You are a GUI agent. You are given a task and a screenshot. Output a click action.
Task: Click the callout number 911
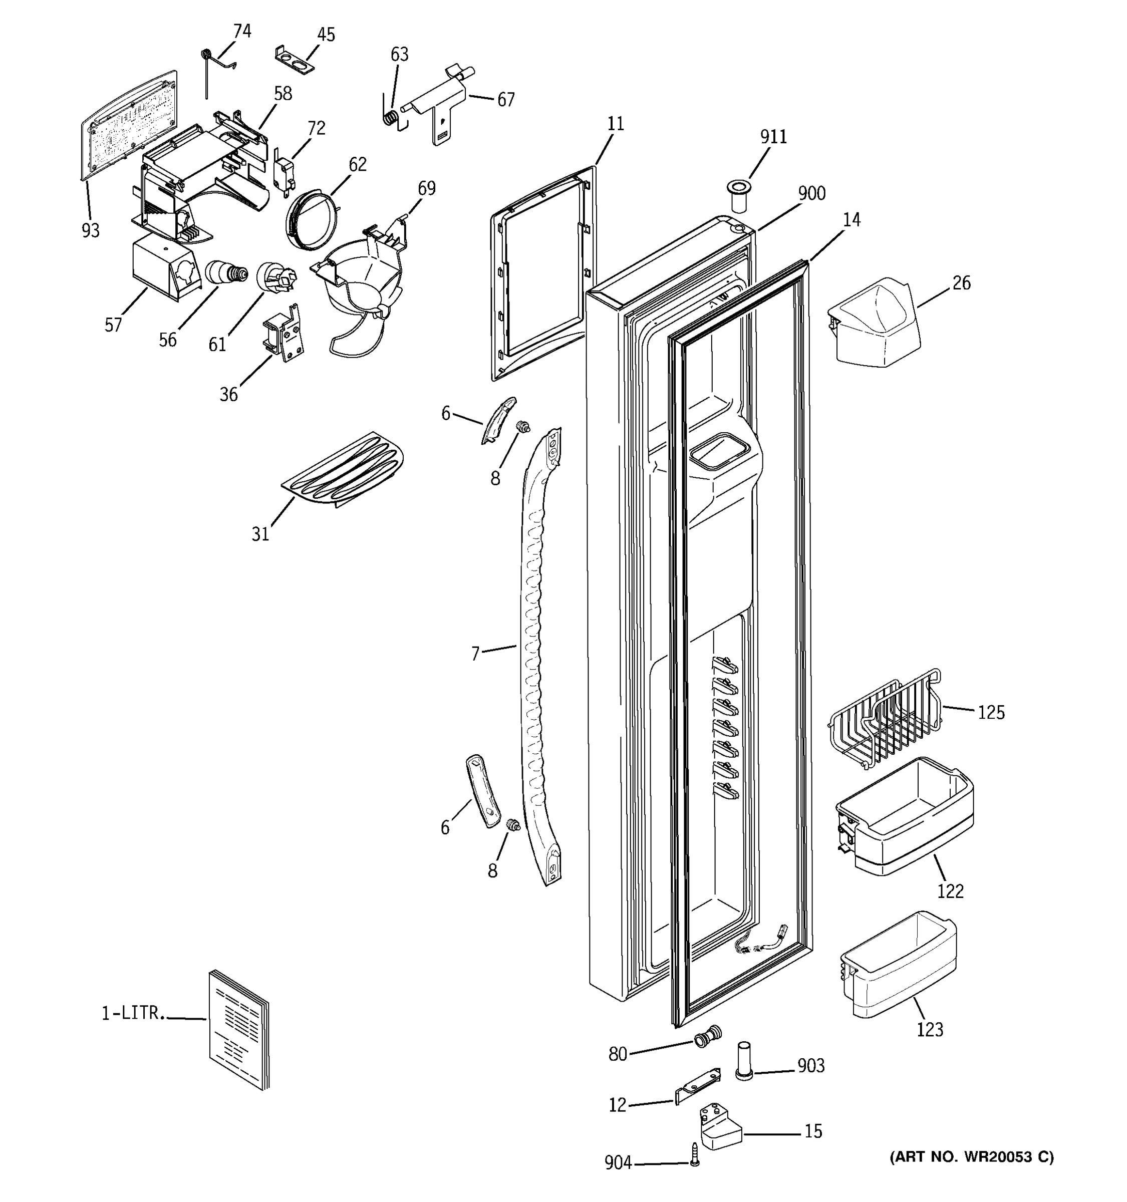(x=773, y=137)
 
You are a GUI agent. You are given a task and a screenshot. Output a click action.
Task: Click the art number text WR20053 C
(x=972, y=1157)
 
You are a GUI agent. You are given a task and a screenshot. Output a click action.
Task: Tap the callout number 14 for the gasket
(x=852, y=219)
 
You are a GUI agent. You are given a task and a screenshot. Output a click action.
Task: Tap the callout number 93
(x=90, y=230)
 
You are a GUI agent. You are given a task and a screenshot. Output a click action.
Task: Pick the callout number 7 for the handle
(x=475, y=654)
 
